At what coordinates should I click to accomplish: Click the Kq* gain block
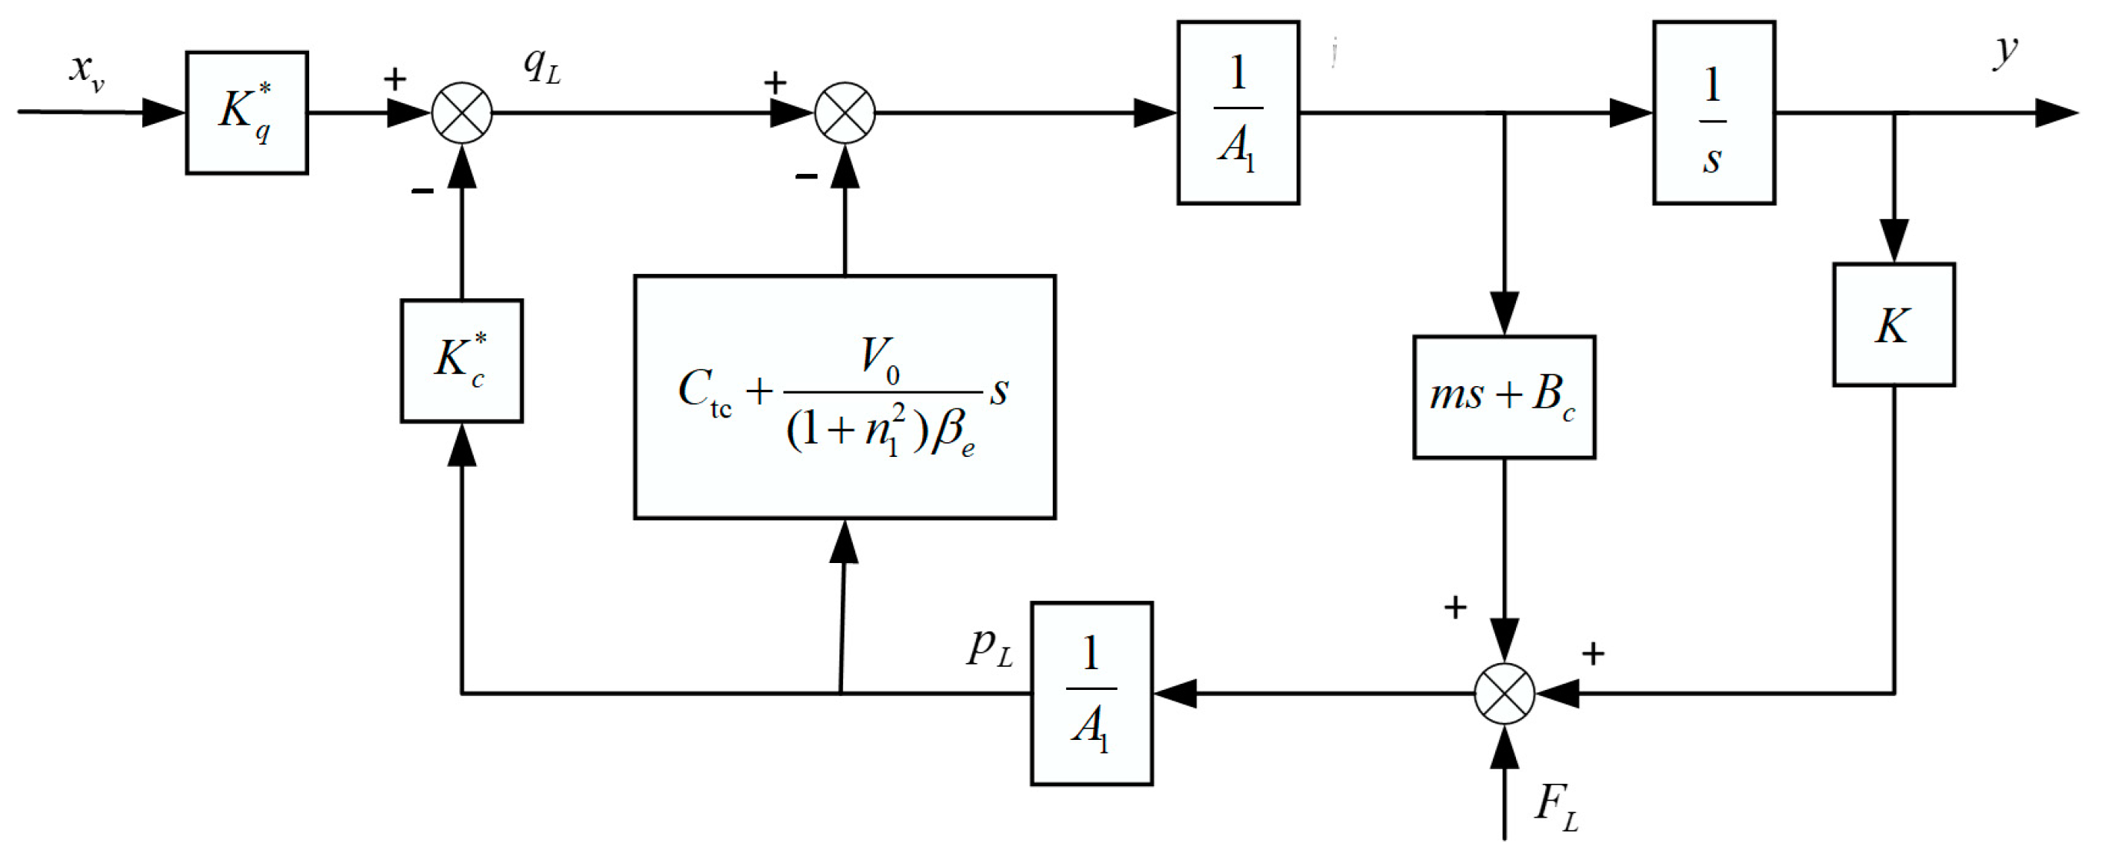click(x=246, y=112)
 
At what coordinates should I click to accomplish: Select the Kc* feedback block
click(x=461, y=361)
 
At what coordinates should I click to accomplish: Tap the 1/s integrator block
click(x=1714, y=112)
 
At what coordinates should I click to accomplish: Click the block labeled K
click(x=1893, y=325)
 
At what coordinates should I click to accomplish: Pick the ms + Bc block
click(x=1503, y=397)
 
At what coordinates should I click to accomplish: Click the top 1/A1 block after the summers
click(x=1238, y=112)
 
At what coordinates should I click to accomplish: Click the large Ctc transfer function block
click(x=844, y=397)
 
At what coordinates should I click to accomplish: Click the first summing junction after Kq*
click(x=461, y=112)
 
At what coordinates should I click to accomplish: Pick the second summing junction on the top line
click(x=844, y=112)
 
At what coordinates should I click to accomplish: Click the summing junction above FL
click(x=1503, y=693)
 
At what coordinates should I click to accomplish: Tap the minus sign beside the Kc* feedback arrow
click(x=422, y=192)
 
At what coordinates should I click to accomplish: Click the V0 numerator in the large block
click(x=880, y=359)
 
